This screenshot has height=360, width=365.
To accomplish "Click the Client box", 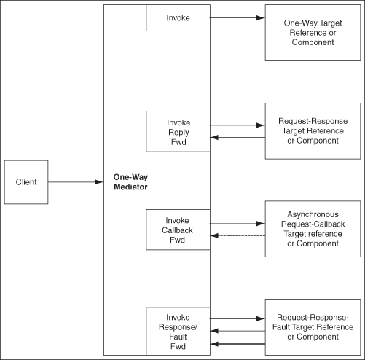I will click(25, 181).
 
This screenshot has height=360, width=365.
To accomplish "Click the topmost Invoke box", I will click(178, 18).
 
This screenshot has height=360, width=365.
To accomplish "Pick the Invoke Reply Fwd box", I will click(178, 132).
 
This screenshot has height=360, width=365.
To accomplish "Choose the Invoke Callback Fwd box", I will click(178, 230).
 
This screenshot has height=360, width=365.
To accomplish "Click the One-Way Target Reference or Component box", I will click(311, 34).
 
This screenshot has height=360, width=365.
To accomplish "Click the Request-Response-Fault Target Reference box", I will click(311, 327).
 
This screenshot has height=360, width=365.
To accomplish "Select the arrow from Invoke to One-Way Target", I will click(238, 18).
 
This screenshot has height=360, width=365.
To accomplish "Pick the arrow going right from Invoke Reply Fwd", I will click(238, 125).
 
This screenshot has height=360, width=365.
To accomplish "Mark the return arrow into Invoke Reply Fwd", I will click(238, 137).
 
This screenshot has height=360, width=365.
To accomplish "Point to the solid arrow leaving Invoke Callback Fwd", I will click(238, 224).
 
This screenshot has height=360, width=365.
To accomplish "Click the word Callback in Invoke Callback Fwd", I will click(178, 230).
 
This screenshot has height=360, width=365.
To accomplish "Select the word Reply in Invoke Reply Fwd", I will click(178, 132).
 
